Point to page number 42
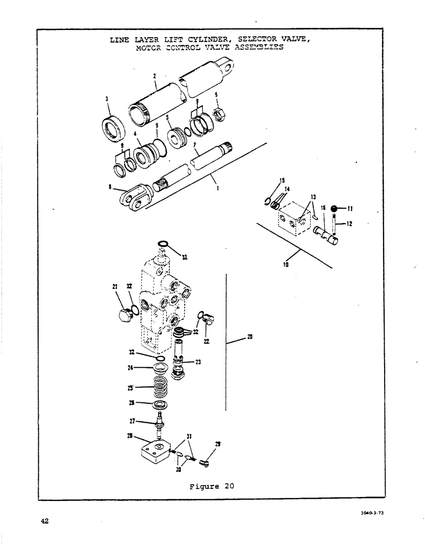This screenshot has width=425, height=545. click(45, 521)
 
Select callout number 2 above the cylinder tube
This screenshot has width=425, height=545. click(155, 76)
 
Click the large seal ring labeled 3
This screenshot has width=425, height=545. click(116, 129)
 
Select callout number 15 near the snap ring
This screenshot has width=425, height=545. click(282, 180)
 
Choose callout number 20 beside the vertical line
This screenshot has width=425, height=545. click(250, 338)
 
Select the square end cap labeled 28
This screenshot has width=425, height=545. click(156, 452)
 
